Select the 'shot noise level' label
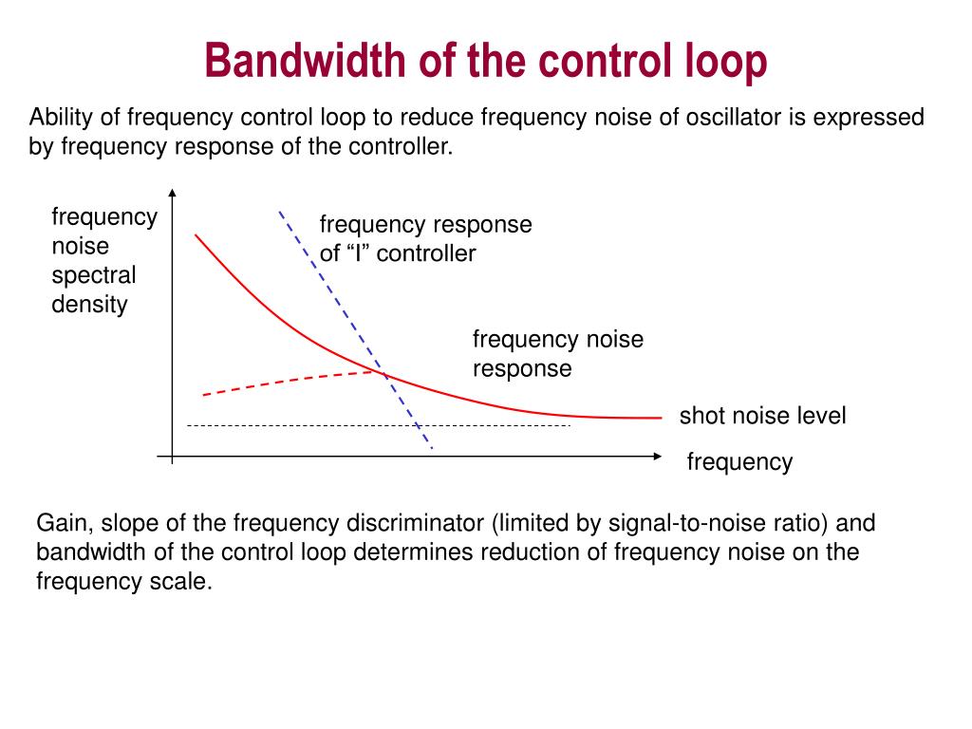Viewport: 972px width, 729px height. [x=762, y=416]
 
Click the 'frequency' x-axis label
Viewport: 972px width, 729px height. [x=739, y=462]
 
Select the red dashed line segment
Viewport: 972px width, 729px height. [x=285, y=382]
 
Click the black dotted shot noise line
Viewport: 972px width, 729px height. [x=285, y=426]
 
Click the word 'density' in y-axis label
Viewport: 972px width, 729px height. [x=89, y=305]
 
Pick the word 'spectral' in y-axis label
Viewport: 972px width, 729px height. [x=94, y=275]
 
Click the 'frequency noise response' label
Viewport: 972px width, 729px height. [x=557, y=353]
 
